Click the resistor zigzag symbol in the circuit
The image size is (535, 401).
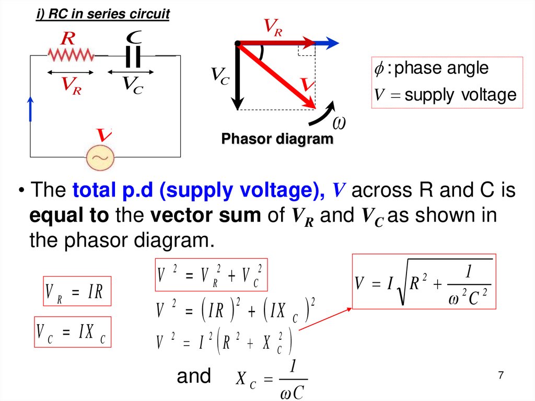[x=71, y=54]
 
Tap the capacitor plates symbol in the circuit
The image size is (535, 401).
[x=135, y=55]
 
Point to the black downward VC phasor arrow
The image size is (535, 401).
[x=238, y=78]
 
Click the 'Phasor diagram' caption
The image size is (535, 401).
[x=277, y=139]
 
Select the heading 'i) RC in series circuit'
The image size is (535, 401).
[x=102, y=14]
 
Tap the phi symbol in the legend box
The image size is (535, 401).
[x=379, y=68]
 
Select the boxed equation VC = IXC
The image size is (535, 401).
[x=73, y=333]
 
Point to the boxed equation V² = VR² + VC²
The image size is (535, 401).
[x=212, y=275]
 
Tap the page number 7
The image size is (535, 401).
[x=501, y=375]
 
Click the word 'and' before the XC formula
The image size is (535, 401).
[x=194, y=376]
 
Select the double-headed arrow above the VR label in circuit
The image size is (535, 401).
[x=71, y=73]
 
